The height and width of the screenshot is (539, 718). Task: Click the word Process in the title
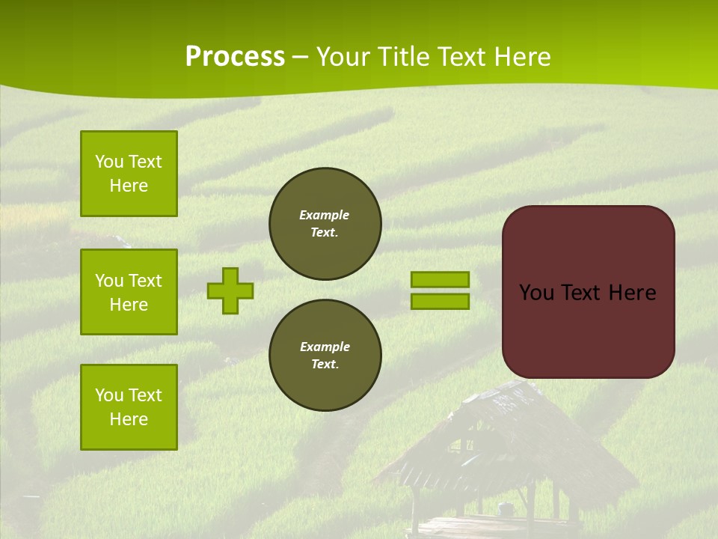click(235, 57)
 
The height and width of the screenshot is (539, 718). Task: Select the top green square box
click(129, 174)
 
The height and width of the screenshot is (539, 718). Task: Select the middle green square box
click(129, 292)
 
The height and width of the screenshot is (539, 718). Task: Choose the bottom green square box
click(129, 406)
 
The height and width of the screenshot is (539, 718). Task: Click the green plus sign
click(230, 290)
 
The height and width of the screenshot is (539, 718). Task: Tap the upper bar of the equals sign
click(440, 279)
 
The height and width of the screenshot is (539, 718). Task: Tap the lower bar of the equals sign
click(440, 302)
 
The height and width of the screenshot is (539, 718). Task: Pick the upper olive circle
click(325, 224)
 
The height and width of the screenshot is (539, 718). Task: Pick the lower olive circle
click(325, 356)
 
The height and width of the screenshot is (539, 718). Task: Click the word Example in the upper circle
click(324, 215)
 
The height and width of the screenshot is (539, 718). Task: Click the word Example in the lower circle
click(325, 347)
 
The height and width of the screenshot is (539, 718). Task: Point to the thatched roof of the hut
click(509, 434)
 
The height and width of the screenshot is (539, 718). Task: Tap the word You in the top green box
click(109, 162)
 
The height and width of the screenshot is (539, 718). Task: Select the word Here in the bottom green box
click(129, 419)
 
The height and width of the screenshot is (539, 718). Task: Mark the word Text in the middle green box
click(144, 281)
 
